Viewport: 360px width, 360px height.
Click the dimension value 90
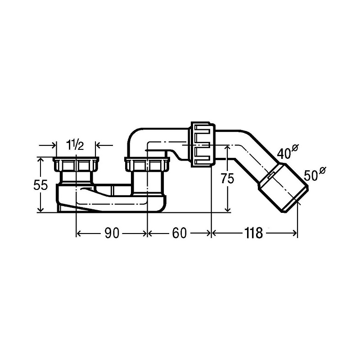(x=112, y=233)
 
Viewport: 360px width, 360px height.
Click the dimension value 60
(x=179, y=233)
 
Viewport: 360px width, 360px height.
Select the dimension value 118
(x=253, y=233)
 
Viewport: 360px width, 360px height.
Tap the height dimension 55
(x=40, y=185)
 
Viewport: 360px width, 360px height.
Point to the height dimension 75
(x=227, y=178)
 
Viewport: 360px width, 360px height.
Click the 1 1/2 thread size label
(x=75, y=145)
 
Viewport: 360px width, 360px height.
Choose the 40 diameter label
(x=287, y=152)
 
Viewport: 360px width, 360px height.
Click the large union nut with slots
(x=203, y=144)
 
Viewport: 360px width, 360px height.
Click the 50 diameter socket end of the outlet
(x=283, y=188)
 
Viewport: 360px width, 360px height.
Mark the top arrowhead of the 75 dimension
(x=228, y=148)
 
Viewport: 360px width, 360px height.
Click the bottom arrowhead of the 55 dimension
(x=40, y=209)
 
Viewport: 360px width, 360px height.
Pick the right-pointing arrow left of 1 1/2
(x=48, y=145)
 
